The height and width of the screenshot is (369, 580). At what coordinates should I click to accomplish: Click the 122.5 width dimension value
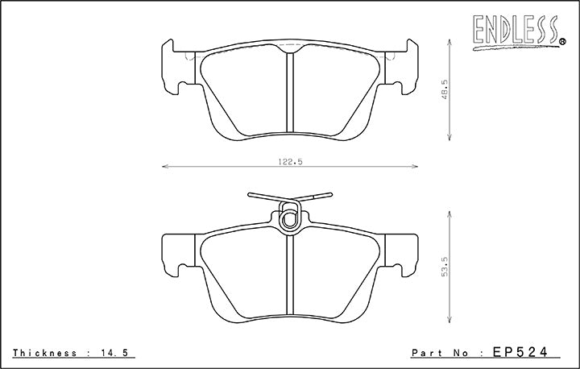[290, 161]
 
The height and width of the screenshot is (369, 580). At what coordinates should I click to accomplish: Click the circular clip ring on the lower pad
[289, 215]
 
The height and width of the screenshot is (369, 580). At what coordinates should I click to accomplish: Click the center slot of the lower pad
[290, 274]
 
